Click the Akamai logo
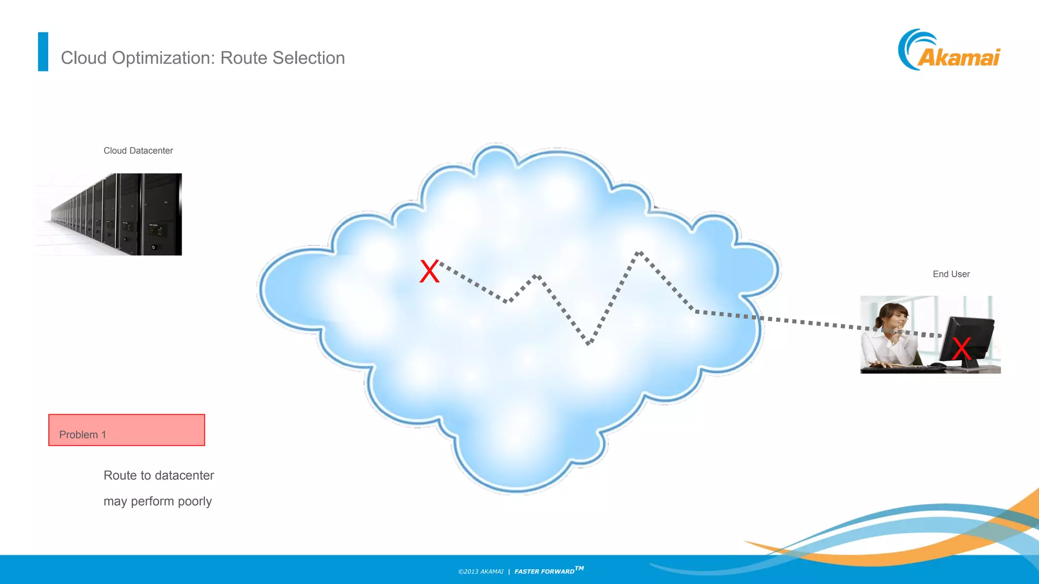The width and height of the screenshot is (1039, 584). click(949, 51)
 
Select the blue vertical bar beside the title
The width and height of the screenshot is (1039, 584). click(43, 52)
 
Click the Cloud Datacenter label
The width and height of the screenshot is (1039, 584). click(138, 151)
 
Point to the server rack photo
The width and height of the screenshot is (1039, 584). click(109, 214)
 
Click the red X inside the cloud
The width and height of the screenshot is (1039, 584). click(429, 271)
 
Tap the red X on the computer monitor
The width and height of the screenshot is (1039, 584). click(961, 349)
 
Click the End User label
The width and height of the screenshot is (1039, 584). click(951, 274)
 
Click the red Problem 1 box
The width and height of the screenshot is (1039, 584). click(127, 430)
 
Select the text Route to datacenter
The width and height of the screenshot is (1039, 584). click(159, 476)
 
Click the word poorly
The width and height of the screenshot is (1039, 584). click(195, 501)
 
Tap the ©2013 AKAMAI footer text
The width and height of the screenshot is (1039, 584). click(480, 571)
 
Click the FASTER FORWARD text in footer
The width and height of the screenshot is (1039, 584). click(545, 571)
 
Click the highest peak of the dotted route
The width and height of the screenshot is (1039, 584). click(640, 252)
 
